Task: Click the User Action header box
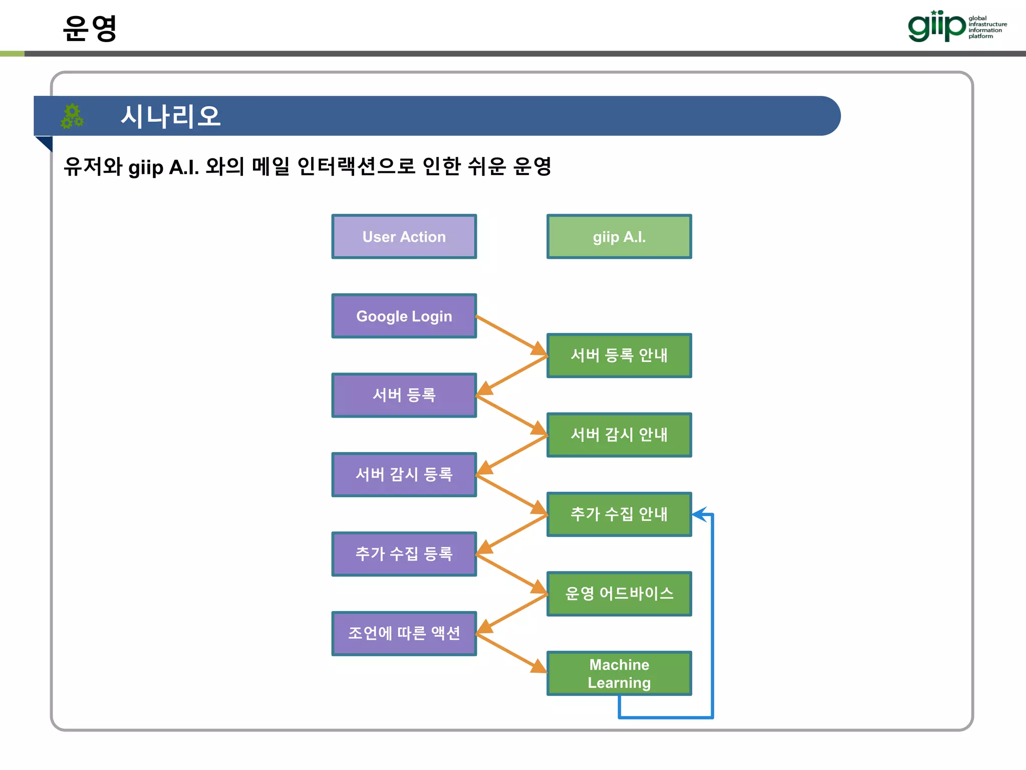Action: coord(404,237)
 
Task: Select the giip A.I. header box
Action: coord(619,237)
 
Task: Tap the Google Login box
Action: coord(404,316)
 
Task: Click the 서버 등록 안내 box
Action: coord(619,355)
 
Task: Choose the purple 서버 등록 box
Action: coord(404,395)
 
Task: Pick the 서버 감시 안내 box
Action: coord(619,435)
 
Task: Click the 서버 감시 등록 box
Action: coord(404,474)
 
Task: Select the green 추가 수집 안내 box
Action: coord(619,514)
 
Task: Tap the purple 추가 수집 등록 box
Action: coord(404,554)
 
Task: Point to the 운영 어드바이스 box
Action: coord(619,594)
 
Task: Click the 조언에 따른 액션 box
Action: coord(404,633)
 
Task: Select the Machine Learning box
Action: coord(619,673)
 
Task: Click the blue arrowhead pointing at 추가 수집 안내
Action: coord(700,514)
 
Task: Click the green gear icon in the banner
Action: coord(72,116)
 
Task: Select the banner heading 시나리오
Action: coord(170,116)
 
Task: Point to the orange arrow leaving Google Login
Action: coord(511,335)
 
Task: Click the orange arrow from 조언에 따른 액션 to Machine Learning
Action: coord(511,653)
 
